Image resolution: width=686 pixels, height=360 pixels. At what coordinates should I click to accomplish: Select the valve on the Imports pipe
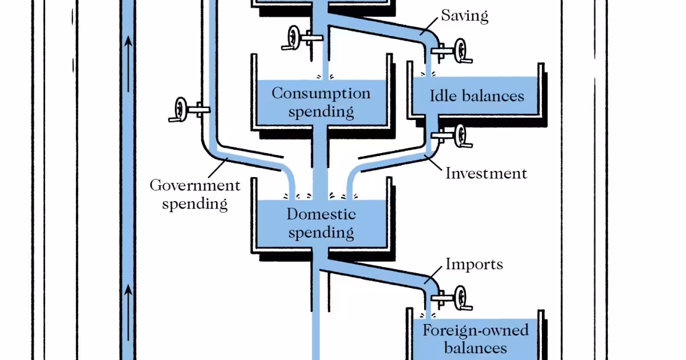(462, 297)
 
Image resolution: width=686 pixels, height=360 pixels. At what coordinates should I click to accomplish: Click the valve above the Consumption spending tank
(294, 38)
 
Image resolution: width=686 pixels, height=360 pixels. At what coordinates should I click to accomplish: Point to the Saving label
(464, 15)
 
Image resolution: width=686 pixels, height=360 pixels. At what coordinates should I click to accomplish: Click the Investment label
(486, 173)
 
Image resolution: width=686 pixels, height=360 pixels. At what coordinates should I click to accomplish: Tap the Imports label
(474, 264)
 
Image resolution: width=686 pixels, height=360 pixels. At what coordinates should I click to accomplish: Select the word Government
(195, 186)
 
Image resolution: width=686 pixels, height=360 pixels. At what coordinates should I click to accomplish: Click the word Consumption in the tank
(321, 93)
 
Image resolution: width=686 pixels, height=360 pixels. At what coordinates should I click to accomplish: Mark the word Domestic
(321, 214)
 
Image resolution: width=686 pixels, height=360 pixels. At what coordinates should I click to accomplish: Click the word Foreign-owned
(475, 330)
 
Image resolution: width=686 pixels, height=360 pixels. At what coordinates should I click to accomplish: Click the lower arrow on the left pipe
(128, 291)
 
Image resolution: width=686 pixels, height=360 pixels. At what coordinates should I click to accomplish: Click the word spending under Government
(195, 203)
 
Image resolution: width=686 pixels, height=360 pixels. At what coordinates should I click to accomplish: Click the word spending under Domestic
(321, 233)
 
